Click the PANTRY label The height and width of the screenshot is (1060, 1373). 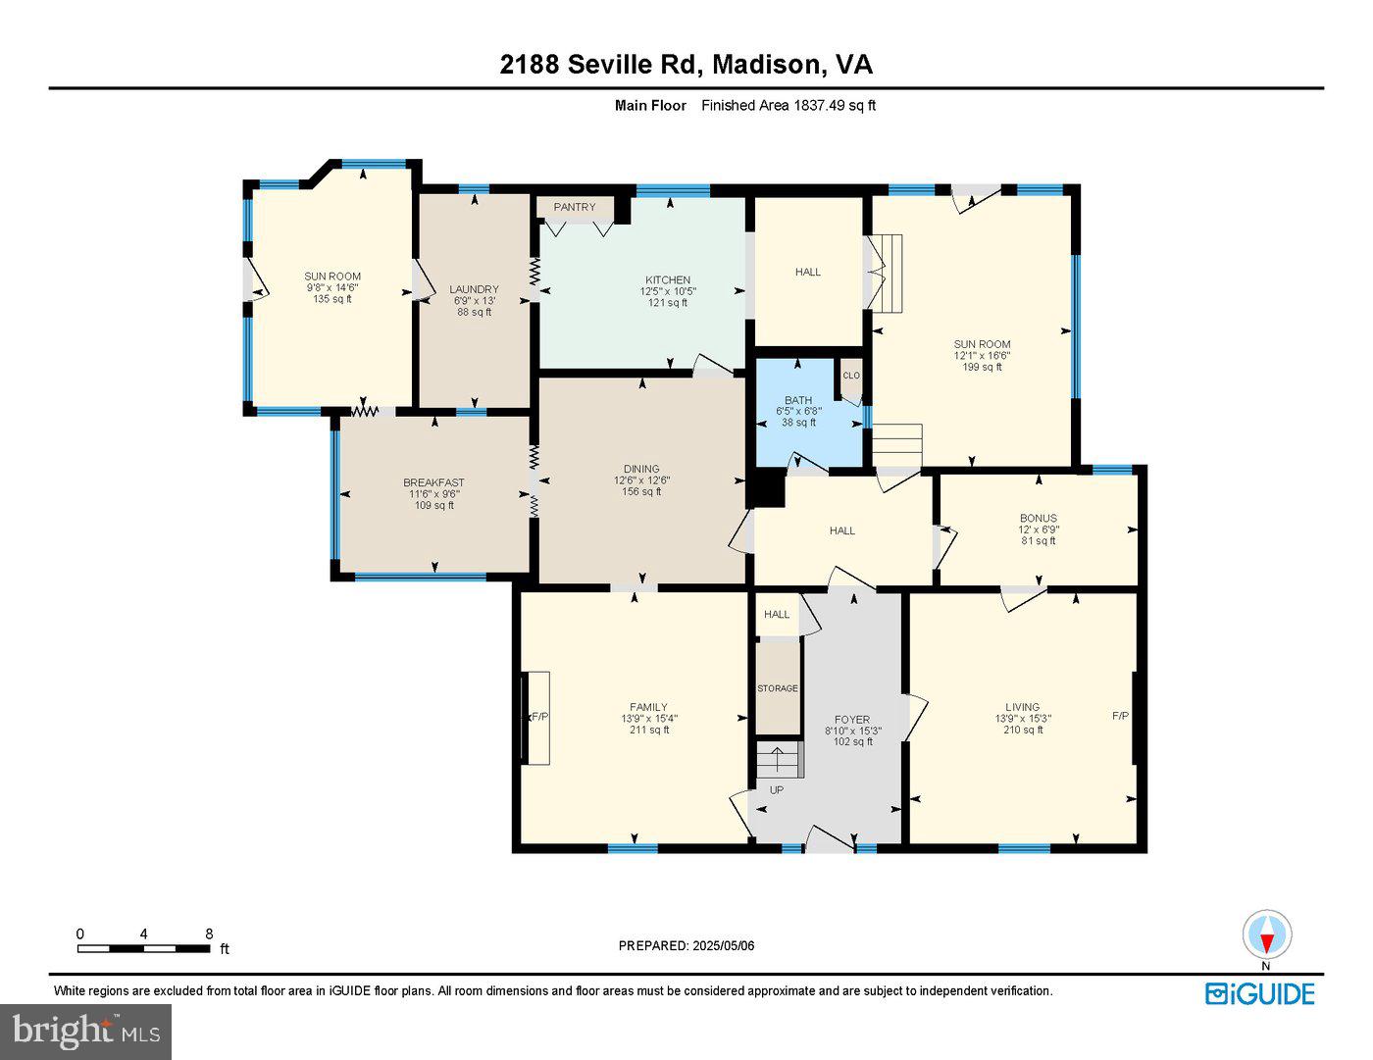[x=574, y=207]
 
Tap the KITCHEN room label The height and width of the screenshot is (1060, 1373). [x=668, y=280]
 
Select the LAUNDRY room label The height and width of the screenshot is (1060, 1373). [x=475, y=289]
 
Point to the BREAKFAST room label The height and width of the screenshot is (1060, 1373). [x=433, y=482]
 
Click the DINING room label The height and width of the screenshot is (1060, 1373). [x=641, y=469]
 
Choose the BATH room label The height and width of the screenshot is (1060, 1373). [x=798, y=400]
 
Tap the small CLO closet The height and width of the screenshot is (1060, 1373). [x=850, y=376]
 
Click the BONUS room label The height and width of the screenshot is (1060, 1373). [x=1038, y=518]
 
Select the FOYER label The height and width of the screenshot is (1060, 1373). [x=851, y=720]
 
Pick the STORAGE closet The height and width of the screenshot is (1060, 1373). [x=778, y=688]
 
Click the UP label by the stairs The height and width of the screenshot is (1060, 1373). [x=777, y=790]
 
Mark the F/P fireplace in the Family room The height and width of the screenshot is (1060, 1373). [x=538, y=717]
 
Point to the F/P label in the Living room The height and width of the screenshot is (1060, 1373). [x=1120, y=716]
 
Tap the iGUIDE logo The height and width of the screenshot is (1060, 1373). [x=1259, y=993]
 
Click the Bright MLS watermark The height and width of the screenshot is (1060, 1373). [x=85, y=1031]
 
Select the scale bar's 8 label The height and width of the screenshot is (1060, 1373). [x=209, y=934]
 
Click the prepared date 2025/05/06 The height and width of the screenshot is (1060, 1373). [x=723, y=945]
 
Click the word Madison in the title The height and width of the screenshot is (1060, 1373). [x=767, y=65]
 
